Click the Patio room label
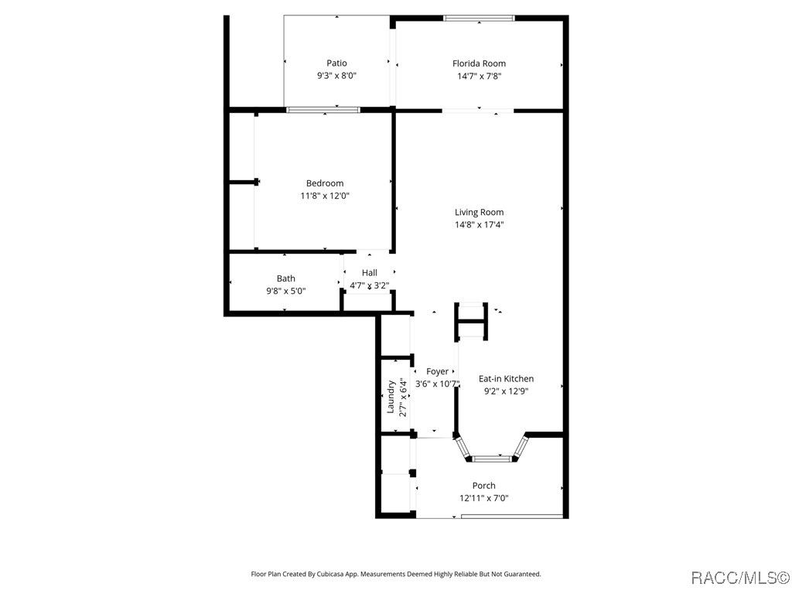pyautogui.click(x=336, y=63)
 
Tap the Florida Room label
pyautogui.click(x=479, y=63)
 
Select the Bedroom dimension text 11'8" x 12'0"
pyautogui.click(x=325, y=196)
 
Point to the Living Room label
pyautogui.click(x=479, y=213)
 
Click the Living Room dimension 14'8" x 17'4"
pyautogui.click(x=479, y=225)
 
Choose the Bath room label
pyautogui.click(x=286, y=278)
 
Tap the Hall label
pyautogui.click(x=369, y=273)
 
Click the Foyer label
pyautogui.click(x=437, y=372)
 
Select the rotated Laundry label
pyautogui.click(x=391, y=397)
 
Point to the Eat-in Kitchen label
pyautogui.click(x=506, y=379)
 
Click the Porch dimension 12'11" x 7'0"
pyautogui.click(x=483, y=499)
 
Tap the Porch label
pyautogui.click(x=483, y=486)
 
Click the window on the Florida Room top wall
pyautogui.click(x=479, y=19)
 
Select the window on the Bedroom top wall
pyautogui.click(x=323, y=110)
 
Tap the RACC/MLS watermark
pyautogui.click(x=739, y=577)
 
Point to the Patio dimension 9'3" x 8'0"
pyautogui.click(x=336, y=77)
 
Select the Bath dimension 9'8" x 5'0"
pyautogui.click(x=286, y=291)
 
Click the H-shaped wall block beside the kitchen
pyautogui.click(x=471, y=321)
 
